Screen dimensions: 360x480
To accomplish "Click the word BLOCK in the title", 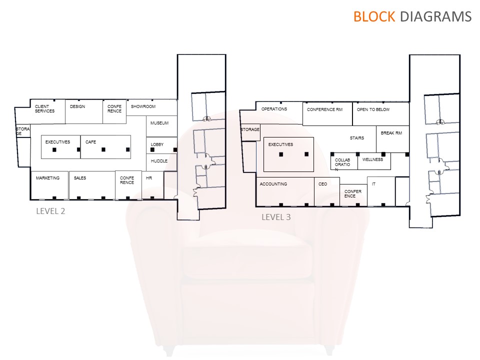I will point(374,16).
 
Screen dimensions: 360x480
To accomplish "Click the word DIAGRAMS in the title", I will point(435,16).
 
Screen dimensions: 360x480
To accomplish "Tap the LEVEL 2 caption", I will point(50,211).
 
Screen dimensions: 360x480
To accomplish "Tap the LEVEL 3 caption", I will point(276,217).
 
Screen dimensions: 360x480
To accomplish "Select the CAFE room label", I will point(90,142).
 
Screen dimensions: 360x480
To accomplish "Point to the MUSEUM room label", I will point(159,123).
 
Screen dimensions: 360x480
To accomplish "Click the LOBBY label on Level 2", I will point(157,144).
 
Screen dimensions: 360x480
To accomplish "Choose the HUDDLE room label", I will point(159,161).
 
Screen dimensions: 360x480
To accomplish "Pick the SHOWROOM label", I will point(143,106).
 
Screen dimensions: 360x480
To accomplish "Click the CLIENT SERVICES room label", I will point(44,108).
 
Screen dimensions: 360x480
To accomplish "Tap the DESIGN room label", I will point(77,106).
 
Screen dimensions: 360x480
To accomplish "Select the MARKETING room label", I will point(47,178).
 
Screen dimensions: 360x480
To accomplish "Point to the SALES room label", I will point(80,178).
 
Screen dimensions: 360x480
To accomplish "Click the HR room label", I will point(148,178).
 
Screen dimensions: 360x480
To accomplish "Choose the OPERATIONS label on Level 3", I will point(274,109).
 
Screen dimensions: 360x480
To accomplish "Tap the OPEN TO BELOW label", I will point(373,109).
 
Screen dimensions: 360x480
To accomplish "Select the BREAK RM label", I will point(391,133).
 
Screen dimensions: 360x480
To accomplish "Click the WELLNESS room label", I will point(372,159).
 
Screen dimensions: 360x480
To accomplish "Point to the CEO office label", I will point(322,184).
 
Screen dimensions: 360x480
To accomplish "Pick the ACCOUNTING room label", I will point(273,184).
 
